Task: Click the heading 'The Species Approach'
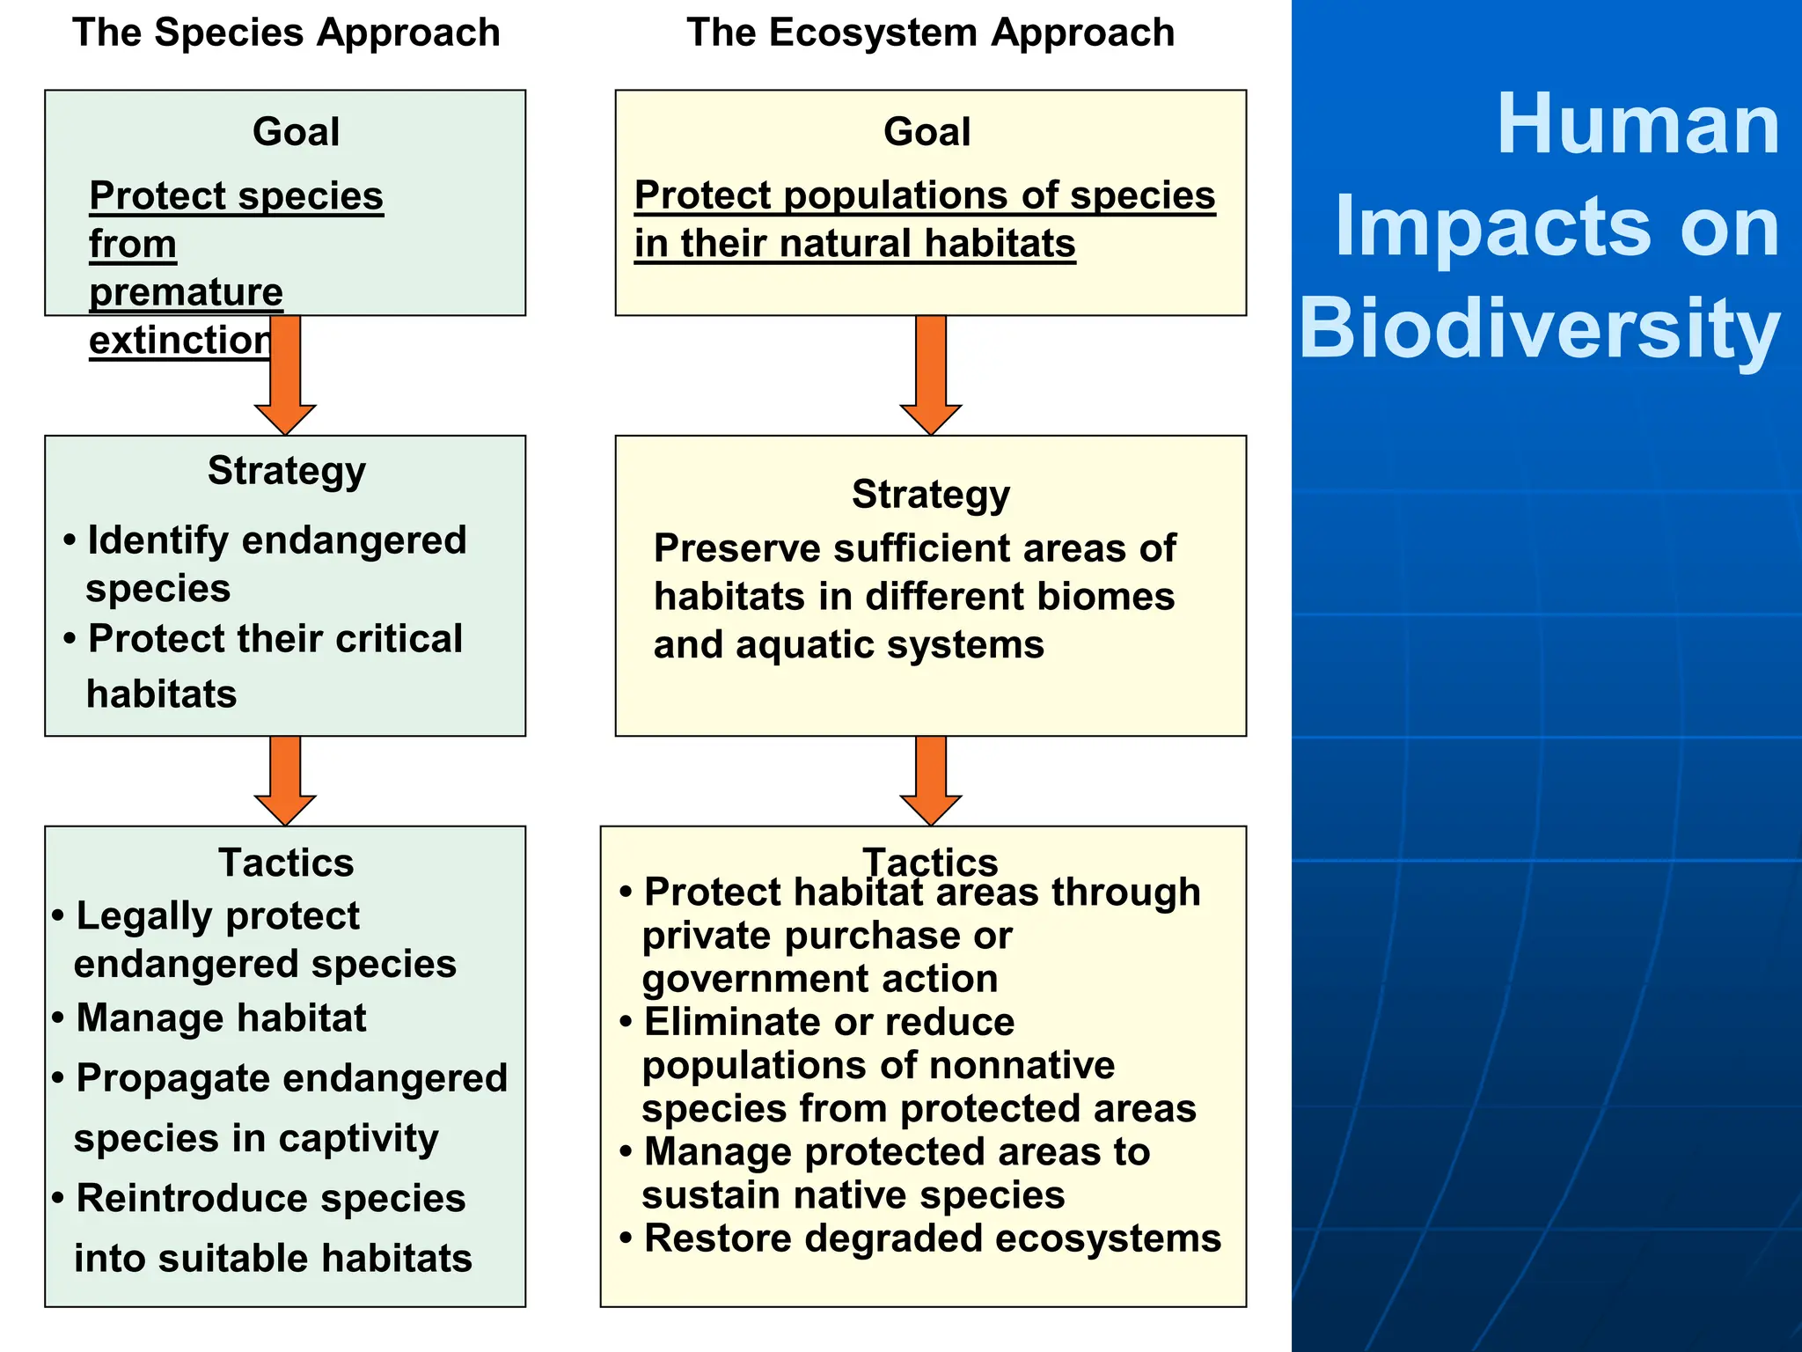[286, 33]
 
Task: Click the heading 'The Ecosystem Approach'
[930, 33]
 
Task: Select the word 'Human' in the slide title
[1637, 125]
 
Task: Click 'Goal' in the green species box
[296, 132]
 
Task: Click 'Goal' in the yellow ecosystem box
[927, 132]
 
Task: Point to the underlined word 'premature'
[186, 292]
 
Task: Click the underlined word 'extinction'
[180, 341]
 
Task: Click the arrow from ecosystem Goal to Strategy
[930, 374]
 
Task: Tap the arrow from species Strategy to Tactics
[285, 780]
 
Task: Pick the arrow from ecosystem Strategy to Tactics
[930, 780]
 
